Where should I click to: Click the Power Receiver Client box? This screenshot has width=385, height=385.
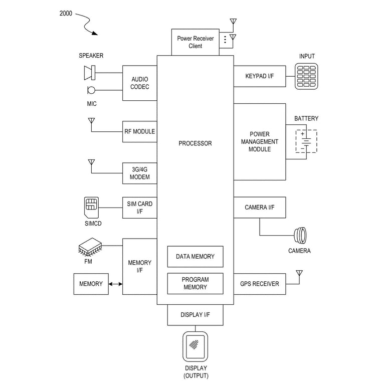tap(196, 42)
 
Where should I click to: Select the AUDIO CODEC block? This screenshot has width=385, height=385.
tap(140, 83)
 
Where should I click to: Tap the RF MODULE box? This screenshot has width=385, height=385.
tap(140, 132)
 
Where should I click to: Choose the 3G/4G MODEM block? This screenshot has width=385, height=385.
tap(140, 173)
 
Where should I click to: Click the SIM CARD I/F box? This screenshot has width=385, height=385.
tap(140, 208)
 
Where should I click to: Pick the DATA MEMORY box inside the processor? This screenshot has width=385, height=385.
tap(195, 257)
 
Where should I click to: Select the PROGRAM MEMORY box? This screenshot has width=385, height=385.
tap(195, 283)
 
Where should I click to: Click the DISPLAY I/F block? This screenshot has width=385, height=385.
tap(195, 315)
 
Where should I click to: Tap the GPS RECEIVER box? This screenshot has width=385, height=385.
tap(259, 284)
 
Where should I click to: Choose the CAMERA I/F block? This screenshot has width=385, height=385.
tap(259, 208)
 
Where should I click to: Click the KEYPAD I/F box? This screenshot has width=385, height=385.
tap(259, 76)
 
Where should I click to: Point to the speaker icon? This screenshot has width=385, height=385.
tap(89, 73)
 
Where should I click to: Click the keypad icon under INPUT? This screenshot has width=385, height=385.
tap(306, 76)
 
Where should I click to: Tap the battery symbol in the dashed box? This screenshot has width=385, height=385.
tap(306, 142)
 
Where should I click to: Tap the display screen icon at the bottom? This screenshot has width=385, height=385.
tap(195, 346)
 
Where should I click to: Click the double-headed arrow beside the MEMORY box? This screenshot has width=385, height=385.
tap(115, 284)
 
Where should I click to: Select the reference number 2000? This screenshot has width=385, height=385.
tap(66, 14)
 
